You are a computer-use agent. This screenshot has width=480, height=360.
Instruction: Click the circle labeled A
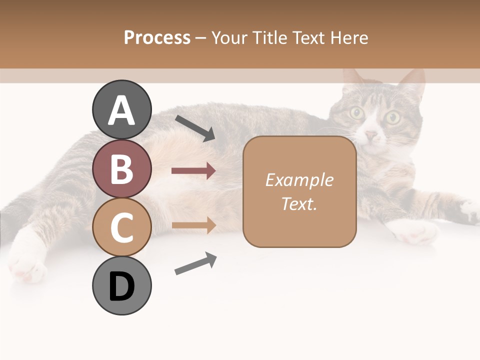121,110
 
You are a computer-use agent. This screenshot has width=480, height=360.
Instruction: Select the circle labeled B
121,168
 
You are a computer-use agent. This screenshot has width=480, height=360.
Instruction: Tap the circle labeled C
121,227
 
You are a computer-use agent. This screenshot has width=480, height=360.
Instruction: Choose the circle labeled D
121,285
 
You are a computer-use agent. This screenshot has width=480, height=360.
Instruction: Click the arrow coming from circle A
195,127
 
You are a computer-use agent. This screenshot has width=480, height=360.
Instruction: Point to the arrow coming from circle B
193,171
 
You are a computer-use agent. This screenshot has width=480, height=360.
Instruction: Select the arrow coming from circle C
193,225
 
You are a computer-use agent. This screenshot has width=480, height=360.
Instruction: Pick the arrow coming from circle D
195,263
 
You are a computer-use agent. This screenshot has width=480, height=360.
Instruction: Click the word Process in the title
157,38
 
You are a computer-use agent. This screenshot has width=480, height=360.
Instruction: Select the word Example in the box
299,180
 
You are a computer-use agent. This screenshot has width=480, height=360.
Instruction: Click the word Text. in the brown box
299,203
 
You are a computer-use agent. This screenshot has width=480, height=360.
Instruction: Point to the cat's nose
371,135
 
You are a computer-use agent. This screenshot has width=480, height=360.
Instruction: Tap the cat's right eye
393,117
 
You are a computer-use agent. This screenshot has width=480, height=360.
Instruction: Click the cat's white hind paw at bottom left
27,265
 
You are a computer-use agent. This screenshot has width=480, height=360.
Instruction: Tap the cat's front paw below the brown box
412,231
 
